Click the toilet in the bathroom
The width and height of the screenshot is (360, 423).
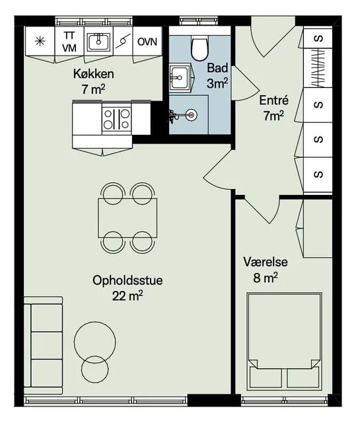[200, 48]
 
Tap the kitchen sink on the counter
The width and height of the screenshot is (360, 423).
[98, 42]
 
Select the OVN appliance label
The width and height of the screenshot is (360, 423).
[147, 42]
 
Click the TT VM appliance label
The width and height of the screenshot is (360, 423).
[69, 42]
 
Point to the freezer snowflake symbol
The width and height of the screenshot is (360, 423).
[40, 41]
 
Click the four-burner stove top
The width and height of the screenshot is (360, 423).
[117, 119]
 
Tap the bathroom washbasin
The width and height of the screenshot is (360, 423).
[181, 78]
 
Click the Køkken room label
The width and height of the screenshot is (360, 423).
[94, 74]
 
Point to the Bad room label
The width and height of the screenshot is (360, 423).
[217, 68]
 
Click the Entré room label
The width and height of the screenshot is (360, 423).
[273, 100]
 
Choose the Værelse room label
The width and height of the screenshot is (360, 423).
[266, 262]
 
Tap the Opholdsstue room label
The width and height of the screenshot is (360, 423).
[127, 280]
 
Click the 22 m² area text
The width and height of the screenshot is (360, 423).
[127, 296]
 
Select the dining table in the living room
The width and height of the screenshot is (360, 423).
[127, 218]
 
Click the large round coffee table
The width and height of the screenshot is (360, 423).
[95, 342]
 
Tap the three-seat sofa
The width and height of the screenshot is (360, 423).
[44, 346]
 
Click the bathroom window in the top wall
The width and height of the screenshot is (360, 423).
[199, 20]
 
